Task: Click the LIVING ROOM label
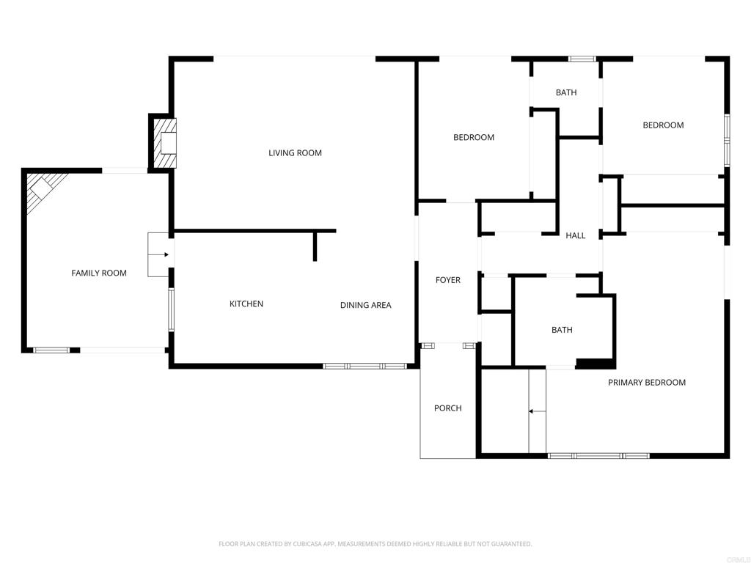click(295, 153)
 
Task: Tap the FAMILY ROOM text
click(98, 273)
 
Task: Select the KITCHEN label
click(246, 304)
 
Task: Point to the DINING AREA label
click(365, 306)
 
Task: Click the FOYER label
click(447, 280)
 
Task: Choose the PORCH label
click(447, 408)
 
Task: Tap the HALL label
click(575, 235)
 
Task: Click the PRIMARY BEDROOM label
click(646, 383)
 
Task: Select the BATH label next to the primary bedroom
click(562, 330)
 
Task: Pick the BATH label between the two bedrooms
click(565, 92)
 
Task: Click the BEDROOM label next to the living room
click(473, 138)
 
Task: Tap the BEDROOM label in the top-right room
click(663, 125)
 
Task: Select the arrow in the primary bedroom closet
click(537, 411)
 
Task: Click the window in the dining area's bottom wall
click(364, 366)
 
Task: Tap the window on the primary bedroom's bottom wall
click(598, 456)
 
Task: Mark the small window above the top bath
click(582, 58)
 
